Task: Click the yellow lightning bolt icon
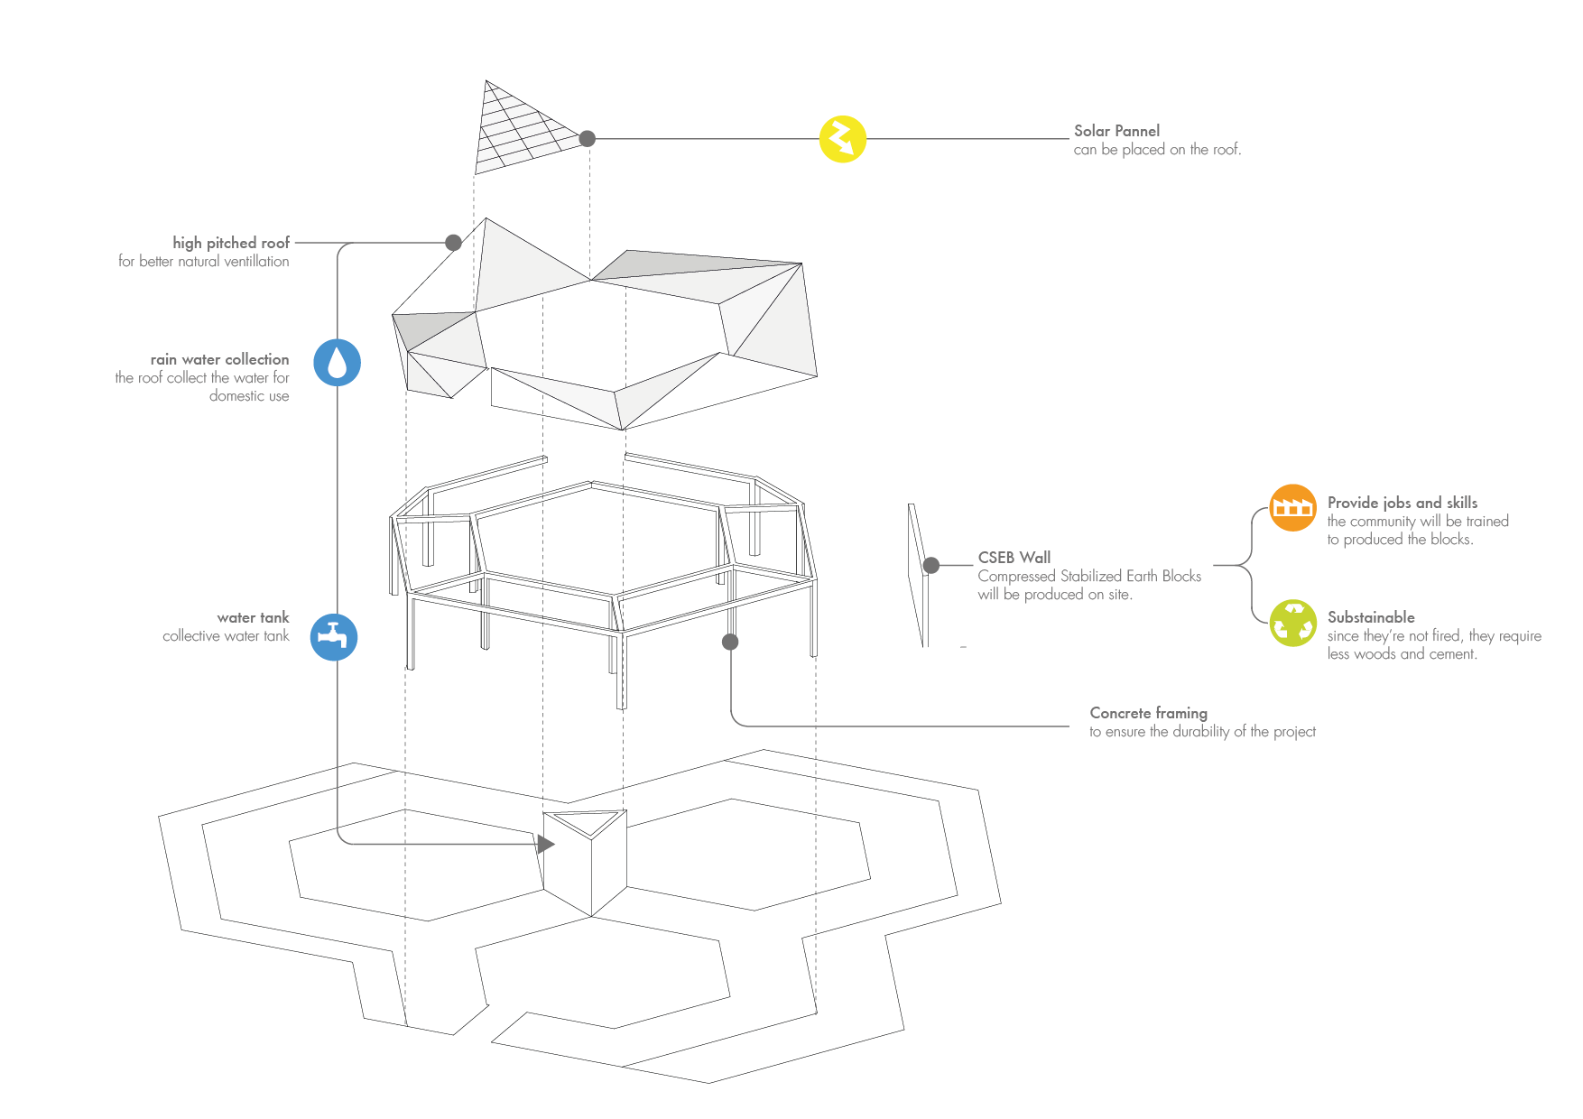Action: click(x=842, y=139)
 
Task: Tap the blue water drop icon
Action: click(x=337, y=363)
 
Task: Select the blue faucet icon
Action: click(x=334, y=636)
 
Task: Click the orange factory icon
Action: click(x=1292, y=508)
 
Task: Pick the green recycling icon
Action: click(x=1292, y=623)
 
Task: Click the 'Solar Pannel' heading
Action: click(x=1116, y=131)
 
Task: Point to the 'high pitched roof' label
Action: click(x=231, y=243)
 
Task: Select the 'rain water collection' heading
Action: click(x=219, y=359)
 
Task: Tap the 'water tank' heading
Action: click(x=253, y=617)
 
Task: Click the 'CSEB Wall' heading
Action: click(x=1014, y=558)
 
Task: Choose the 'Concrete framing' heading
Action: click(x=1148, y=713)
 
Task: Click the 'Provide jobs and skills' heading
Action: click(x=1402, y=503)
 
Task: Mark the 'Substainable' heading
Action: click(x=1371, y=617)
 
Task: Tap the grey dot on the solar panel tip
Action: click(x=588, y=138)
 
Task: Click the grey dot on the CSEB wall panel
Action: click(x=931, y=565)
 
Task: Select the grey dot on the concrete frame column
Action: click(x=730, y=642)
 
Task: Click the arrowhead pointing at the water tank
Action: click(x=545, y=845)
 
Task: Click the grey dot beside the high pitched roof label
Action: click(x=454, y=243)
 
